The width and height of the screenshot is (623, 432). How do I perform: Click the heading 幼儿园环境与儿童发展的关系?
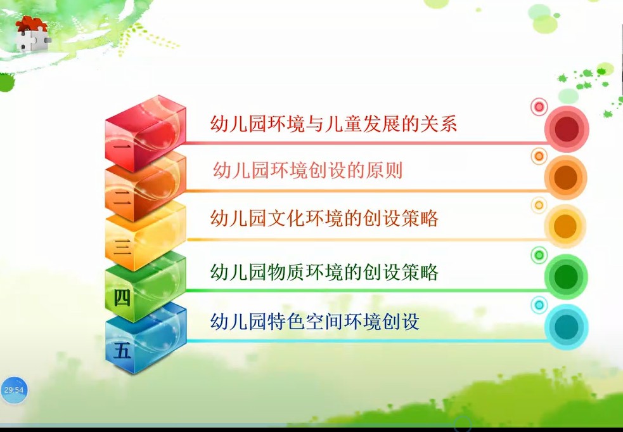(333, 123)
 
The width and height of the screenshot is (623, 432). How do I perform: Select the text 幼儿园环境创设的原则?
(307, 171)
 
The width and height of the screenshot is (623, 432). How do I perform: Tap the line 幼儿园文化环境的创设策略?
(324, 218)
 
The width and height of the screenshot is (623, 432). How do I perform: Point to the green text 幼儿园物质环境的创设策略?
(324, 272)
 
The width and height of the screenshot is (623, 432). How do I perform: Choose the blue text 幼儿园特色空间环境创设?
(315, 321)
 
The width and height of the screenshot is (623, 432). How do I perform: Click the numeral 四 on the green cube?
(122, 298)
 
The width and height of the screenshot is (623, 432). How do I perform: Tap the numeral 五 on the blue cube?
(122, 351)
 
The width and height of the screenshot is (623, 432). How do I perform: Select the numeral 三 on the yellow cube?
(122, 247)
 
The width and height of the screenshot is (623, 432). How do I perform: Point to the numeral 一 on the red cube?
(122, 147)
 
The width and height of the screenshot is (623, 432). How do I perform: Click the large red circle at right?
(566, 129)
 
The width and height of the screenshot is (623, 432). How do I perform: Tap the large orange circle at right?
(566, 178)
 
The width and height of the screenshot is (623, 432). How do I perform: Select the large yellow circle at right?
(565, 226)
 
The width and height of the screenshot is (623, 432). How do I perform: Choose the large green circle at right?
(566, 277)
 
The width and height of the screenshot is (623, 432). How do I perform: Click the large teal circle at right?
(566, 327)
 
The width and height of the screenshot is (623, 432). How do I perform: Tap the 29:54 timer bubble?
(14, 390)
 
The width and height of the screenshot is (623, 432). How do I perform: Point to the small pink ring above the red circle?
(539, 107)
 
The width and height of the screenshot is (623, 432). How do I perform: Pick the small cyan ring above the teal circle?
(539, 305)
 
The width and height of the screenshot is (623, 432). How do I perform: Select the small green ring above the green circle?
(539, 255)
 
